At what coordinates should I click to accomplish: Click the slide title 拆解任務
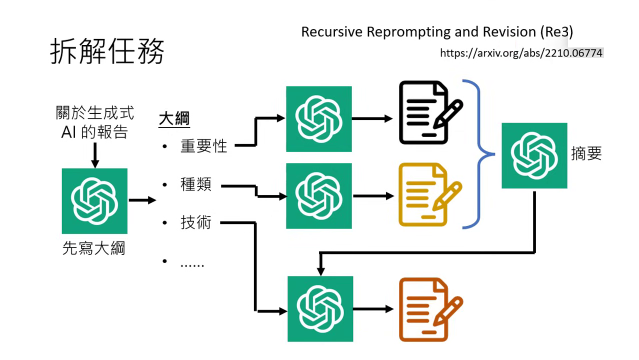point(107,51)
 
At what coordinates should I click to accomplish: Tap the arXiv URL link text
point(521,53)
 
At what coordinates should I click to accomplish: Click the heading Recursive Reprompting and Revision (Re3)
point(437,32)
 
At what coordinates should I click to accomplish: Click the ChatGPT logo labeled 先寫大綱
point(94,201)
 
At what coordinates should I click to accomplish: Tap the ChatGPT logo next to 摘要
point(534,155)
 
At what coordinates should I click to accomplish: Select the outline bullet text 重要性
point(203,146)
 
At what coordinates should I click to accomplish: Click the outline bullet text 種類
point(196,184)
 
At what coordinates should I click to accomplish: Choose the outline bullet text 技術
point(196,222)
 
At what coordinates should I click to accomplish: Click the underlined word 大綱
point(174,119)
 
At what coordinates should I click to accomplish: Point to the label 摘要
point(586,153)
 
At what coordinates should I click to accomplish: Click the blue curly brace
point(479,154)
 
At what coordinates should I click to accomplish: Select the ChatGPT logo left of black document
point(318,119)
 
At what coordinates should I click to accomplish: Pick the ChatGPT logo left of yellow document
point(318,196)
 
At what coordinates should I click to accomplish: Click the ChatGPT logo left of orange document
point(320,309)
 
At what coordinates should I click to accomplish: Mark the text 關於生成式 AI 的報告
point(94,122)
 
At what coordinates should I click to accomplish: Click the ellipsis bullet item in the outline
point(192,263)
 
